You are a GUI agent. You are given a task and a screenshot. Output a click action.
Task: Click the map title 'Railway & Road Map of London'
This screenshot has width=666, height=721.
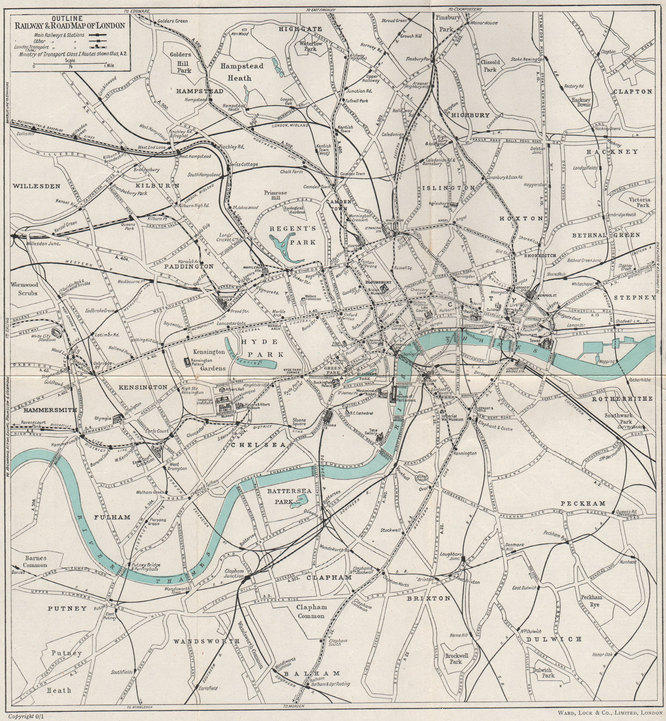tap(69, 25)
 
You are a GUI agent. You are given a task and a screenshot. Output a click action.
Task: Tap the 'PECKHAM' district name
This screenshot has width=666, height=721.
tap(582, 503)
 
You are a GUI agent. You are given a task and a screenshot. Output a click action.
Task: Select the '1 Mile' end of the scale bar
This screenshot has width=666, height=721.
tap(110, 66)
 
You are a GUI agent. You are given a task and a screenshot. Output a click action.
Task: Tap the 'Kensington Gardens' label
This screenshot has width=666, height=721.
tap(209, 359)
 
